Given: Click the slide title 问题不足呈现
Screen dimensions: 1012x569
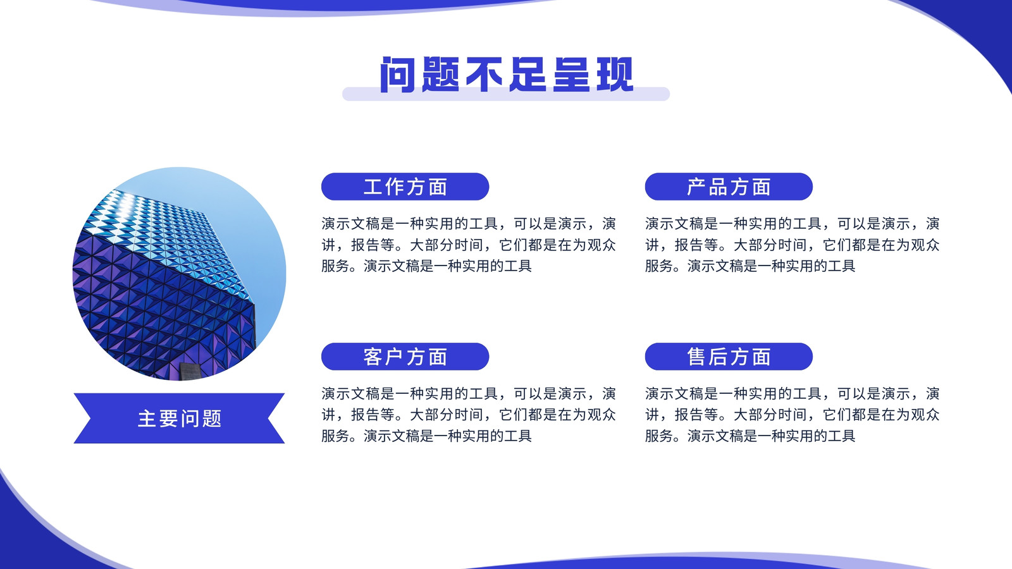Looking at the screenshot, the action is coord(507,75).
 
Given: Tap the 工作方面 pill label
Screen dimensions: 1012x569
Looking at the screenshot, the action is coord(405,187).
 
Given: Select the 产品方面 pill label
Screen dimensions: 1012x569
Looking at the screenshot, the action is coord(728,187).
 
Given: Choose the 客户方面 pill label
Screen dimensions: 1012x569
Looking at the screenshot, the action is coord(405,357).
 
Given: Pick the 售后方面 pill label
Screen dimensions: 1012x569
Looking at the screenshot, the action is coord(728,357).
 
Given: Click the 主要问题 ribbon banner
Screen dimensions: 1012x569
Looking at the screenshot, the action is coord(179,418).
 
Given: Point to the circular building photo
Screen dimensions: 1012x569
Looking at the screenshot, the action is coord(180,274).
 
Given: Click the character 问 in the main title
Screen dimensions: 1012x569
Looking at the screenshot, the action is coord(397,75).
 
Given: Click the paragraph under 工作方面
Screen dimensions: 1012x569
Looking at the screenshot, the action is coord(469,245).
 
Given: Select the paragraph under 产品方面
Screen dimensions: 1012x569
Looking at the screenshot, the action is coord(792,245).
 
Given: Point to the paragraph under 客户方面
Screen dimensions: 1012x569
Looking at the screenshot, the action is coord(469,415).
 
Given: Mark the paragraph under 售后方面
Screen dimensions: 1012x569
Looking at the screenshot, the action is coord(792,415).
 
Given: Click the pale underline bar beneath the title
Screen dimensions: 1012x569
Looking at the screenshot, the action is coord(506,95).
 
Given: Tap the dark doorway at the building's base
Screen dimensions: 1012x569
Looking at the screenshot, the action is coord(190,370).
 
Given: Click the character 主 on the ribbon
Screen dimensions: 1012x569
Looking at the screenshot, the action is coord(147,419).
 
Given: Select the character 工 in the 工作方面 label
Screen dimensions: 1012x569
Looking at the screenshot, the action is coord(373,187).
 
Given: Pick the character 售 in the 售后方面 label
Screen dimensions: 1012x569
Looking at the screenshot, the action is coord(696,357).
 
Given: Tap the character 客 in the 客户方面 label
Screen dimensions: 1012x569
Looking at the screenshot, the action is coord(373,357).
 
